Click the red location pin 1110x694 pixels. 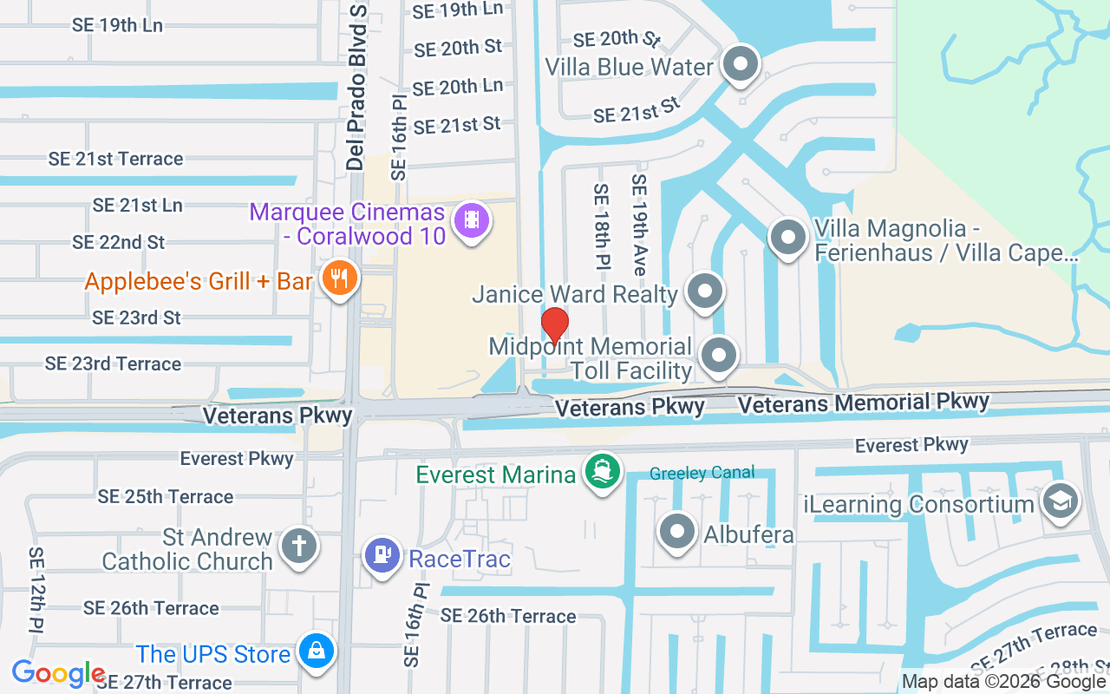(554, 324)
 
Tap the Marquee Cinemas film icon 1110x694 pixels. (472, 219)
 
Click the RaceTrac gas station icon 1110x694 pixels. (382, 554)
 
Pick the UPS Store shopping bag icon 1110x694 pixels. (316, 650)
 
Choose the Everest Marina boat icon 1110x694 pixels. (603, 472)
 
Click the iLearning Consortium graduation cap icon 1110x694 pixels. (1060, 501)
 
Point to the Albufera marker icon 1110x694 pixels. (677, 531)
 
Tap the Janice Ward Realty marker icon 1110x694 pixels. (704, 291)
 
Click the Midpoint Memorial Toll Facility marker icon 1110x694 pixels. (718, 355)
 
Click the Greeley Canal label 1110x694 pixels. (702, 474)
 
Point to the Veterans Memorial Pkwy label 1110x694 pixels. (863, 403)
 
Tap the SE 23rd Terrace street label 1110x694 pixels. (114, 363)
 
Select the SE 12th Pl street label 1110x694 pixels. (36, 590)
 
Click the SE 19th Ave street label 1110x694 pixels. (639, 225)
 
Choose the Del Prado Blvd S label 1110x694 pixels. (356, 87)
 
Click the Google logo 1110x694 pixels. (58, 673)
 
